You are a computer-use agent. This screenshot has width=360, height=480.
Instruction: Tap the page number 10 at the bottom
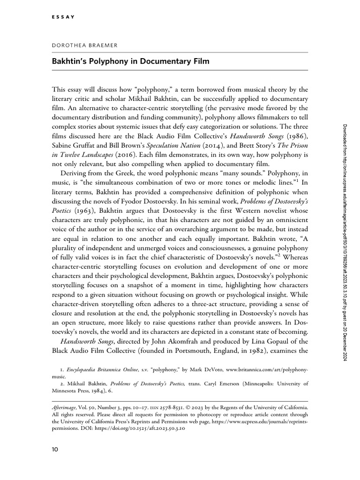(55, 450)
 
